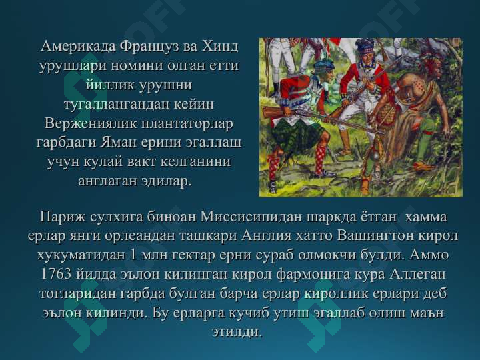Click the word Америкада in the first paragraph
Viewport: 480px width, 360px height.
pyautogui.click(x=78, y=47)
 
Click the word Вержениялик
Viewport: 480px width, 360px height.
pyautogui.click(x=91, y=123)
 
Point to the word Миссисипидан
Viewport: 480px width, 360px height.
pyautogui.click(x=251, y=217)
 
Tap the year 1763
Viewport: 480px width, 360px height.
pyautogui.click(x=56, y=274)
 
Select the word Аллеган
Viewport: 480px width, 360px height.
pyautogui.click(x=417, y=274)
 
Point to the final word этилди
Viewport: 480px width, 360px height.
pyautogui.click(x=237, y=331)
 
